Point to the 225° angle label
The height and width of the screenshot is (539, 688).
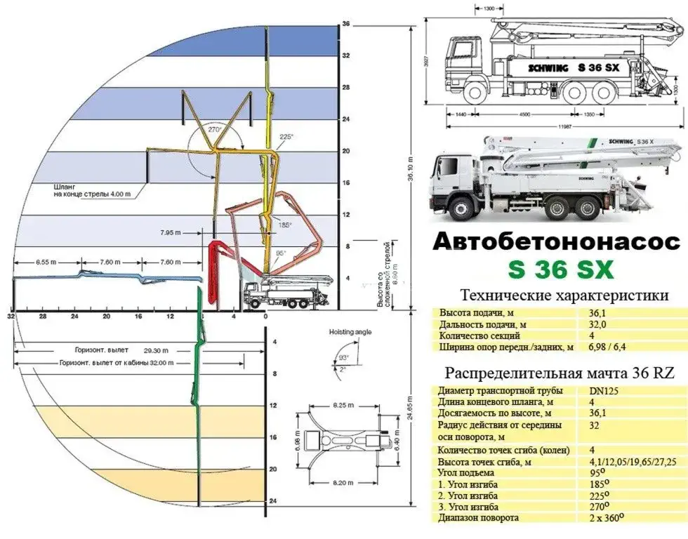pyautogui.click(x=286, y=137)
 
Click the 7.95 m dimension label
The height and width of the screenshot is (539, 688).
pyautogui.click(x=172, y=232)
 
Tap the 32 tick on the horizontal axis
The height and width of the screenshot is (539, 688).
pyautogui.click(x=11, y=317)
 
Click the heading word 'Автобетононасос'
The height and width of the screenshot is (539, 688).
pyautogui.click(x=557, y=242)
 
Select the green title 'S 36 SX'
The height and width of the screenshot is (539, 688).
pyautogui.click(x=556, y=269)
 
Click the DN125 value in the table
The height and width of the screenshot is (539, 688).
pyautogui.click(x=594, y=390)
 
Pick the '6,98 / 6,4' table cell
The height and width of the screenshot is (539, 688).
pyautogui.click(x=603, y=346)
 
